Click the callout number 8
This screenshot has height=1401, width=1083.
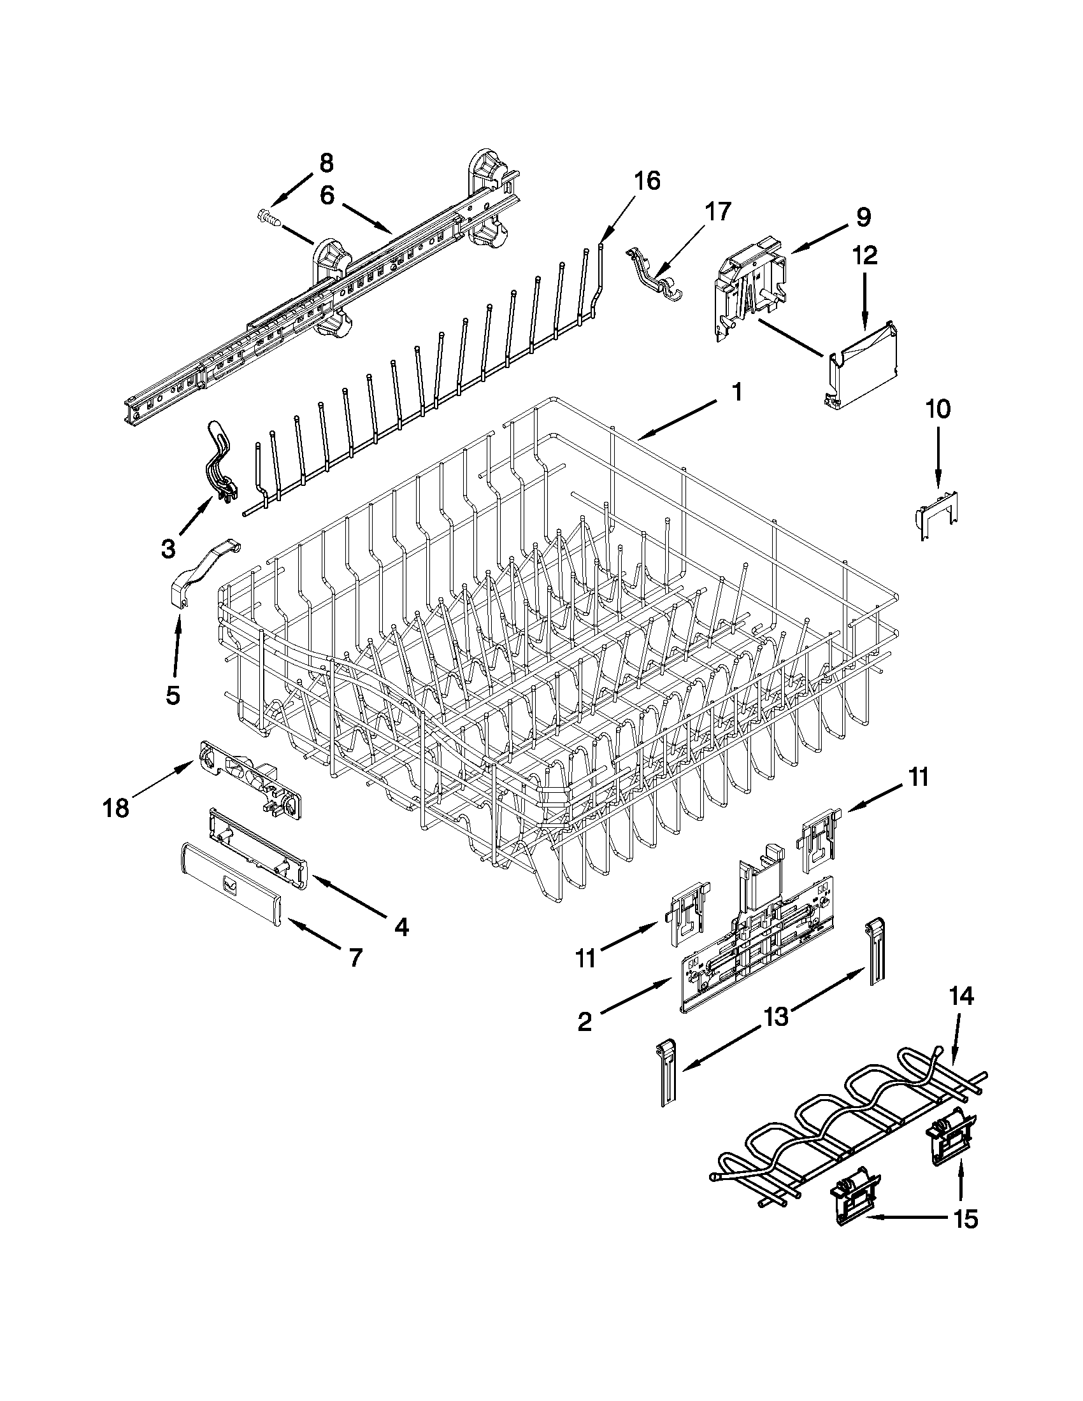[x=327, y=164]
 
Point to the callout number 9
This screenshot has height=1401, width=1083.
[x=864, y=217]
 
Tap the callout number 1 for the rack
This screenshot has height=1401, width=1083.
[x=737, y=392]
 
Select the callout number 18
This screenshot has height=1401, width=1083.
[x=116, y=808]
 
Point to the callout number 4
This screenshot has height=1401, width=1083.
[x=401, y=927]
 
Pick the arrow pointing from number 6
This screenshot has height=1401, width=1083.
[x=366, y=218]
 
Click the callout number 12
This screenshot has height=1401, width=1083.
[x=864, y=256]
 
